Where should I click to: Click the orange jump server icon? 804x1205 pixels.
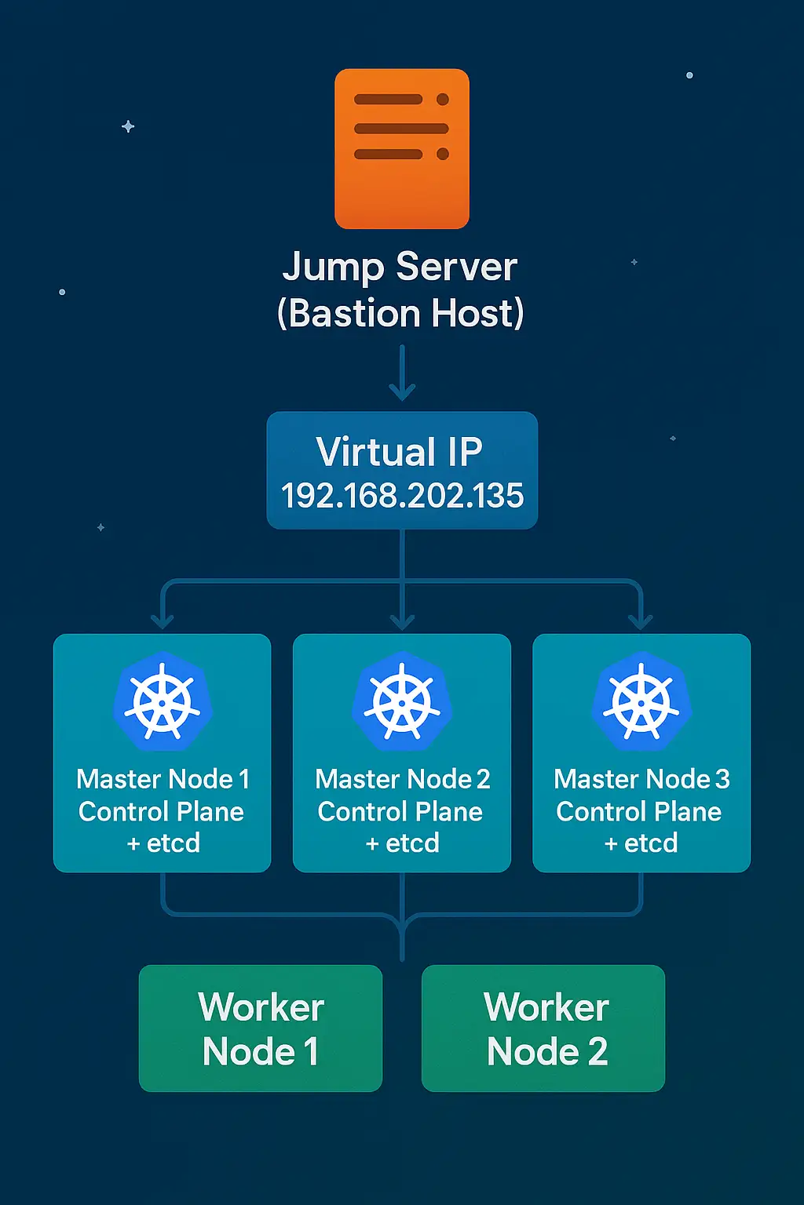click(x=401, y=148)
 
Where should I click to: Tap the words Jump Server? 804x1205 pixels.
click(x=400, y=268)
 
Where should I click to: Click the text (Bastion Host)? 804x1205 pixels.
click(x=400, y=313)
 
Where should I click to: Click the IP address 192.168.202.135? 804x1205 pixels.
click(x=402, y=496)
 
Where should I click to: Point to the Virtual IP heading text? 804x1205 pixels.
click(x=400, y=452)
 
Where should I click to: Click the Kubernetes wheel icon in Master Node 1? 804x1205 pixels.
click(x=163, y=701)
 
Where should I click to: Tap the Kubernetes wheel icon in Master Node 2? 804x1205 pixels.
click(x=402, y=701)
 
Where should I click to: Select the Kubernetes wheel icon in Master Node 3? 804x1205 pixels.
click(x=641, y=701)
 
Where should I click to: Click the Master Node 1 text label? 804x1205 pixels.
click(x=163, y=779)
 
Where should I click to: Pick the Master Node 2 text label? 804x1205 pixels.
click(x=402, y=779)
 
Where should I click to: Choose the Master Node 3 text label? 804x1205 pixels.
click(x=641, y=779)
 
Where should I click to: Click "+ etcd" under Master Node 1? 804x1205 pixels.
click(x=163, y=843)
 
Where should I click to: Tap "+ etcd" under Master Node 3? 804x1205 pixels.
click(x=641, y=843)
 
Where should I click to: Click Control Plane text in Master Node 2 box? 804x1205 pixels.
click(x=400, y=811)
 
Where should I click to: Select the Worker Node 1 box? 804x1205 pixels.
click(x=261, y=1028)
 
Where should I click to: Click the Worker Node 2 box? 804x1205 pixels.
click(x=543, y=1028)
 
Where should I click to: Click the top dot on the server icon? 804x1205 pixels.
click(x=443, y=100)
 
